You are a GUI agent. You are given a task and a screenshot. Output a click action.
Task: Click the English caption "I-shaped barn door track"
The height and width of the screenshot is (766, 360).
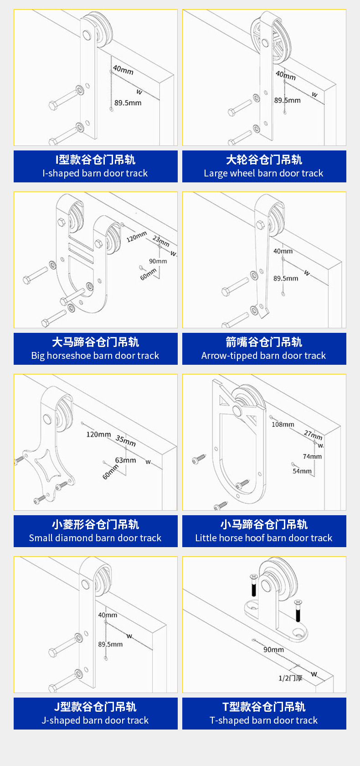[95, 173]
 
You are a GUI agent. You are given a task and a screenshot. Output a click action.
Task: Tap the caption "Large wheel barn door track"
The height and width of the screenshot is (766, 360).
[263, 173]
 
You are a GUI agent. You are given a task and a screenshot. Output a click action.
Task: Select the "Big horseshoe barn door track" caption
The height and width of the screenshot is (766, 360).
[95, 356]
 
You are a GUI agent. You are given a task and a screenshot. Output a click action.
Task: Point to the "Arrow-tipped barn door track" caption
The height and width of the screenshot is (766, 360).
[263, 356]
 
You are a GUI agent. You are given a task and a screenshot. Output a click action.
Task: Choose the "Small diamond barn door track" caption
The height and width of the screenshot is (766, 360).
[95, 538]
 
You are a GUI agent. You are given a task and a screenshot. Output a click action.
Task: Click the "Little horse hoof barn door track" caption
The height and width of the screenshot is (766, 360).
[263, 538]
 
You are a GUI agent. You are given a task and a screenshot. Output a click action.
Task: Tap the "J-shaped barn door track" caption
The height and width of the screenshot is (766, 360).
[95, 720]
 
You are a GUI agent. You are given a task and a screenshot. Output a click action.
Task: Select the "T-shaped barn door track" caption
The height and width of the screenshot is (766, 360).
[263, 720]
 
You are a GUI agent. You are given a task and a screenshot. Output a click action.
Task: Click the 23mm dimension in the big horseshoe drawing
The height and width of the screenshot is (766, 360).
[161, 240]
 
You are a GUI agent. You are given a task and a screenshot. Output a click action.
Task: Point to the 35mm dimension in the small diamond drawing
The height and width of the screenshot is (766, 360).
[125, 441]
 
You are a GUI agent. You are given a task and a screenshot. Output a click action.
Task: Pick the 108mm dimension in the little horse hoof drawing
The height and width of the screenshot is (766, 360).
[283, 424]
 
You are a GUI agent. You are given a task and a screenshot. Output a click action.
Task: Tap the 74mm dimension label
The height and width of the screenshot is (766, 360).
[312, 456]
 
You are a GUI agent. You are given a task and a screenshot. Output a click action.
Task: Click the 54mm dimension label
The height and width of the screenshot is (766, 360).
[302, 471]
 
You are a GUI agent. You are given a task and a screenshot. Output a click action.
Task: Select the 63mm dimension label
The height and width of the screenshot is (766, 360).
[125, 460]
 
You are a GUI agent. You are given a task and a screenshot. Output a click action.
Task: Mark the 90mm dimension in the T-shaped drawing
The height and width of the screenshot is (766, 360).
[273, 649]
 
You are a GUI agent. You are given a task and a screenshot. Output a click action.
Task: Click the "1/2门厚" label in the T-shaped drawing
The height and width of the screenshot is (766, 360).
[290, 678]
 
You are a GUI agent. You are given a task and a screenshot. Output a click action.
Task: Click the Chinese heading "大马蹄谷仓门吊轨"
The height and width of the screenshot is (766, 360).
[95, 342]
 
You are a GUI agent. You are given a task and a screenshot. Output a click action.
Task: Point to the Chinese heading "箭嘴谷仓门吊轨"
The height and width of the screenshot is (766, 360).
[263, 342]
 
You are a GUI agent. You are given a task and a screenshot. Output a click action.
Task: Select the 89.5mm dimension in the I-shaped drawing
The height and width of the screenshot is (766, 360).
[128, 103]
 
